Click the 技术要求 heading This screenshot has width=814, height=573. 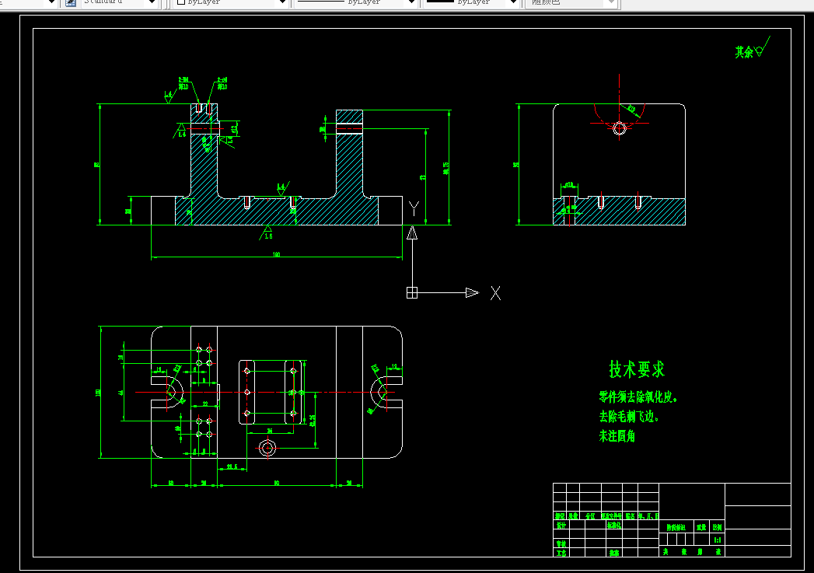[x=637, y=369]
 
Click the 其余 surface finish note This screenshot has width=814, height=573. [x=745, y=52]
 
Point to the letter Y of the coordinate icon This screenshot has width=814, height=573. [x=414, y=208]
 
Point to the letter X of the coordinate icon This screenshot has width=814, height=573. [x=495, y=293]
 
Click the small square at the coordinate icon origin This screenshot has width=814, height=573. [x=412, y=293]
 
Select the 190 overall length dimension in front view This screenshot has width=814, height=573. [x=276, y=254]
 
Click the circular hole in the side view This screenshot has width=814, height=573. [x=620, y=128]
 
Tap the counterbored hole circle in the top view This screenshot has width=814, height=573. [x=267, y=447]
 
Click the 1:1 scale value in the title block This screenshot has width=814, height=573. [x=717, y=539]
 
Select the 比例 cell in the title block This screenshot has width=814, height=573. [x=717, y=526]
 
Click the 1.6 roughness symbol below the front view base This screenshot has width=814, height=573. [x=268, y=232]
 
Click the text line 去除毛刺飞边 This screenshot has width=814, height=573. [x=629, y=417]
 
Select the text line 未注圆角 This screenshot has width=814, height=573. [x=617, y=436]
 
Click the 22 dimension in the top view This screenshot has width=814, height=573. [x=204, y=404]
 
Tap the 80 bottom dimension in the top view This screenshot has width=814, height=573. [x=276, y=483]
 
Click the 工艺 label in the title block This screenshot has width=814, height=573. [x=560, y=553]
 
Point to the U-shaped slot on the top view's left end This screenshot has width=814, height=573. [x=165, y=393]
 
